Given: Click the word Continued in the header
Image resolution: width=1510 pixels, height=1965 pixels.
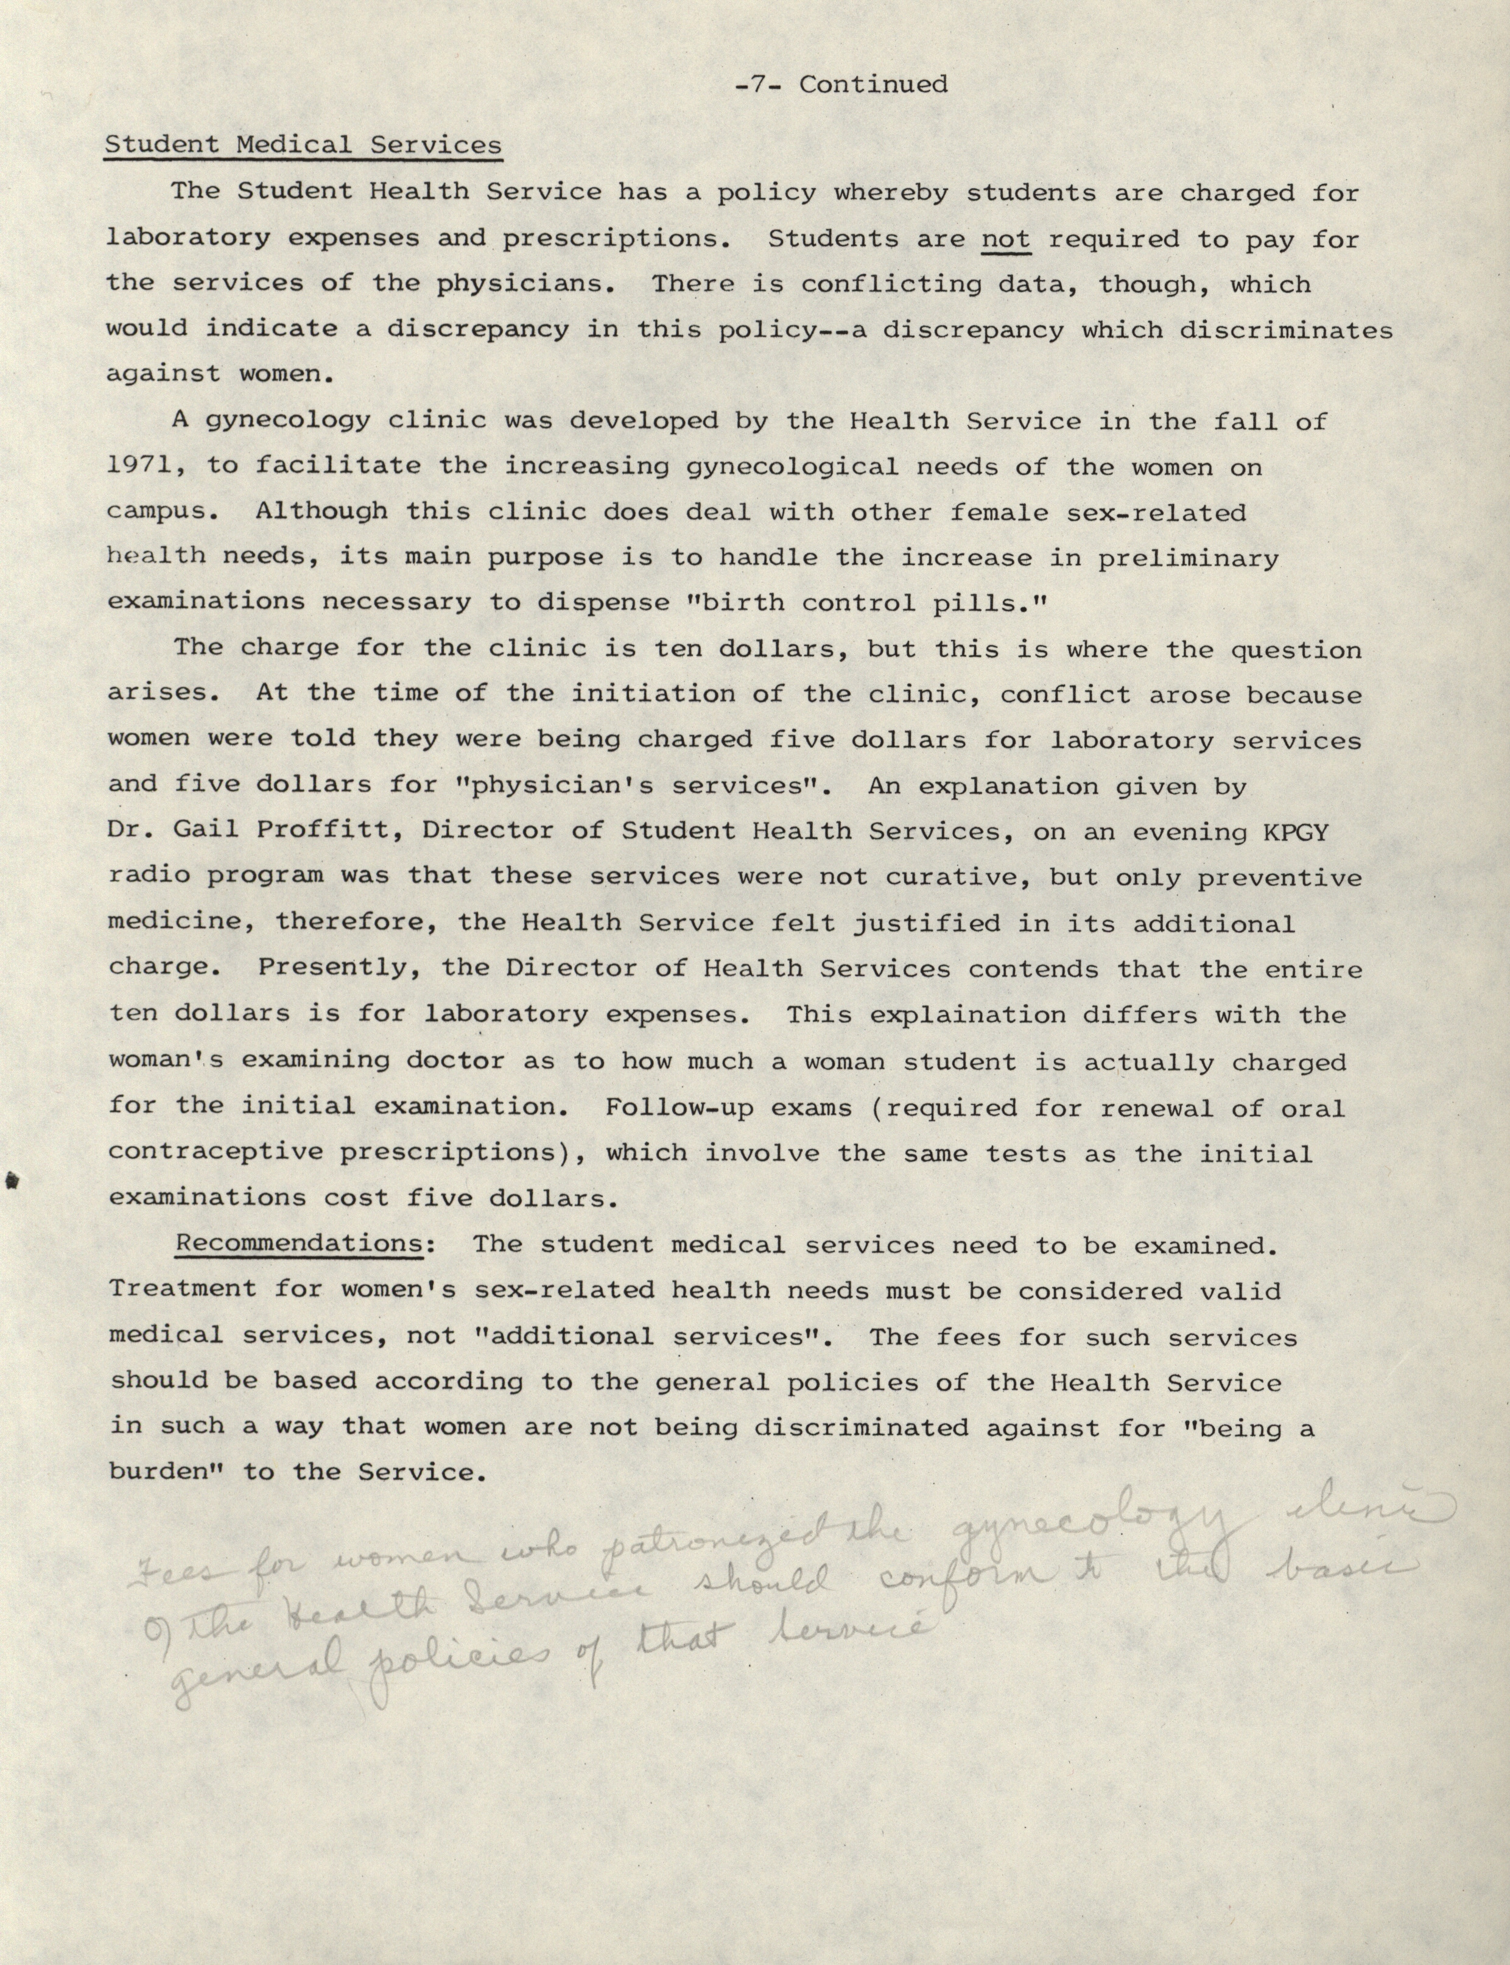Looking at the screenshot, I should (874, 85).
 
